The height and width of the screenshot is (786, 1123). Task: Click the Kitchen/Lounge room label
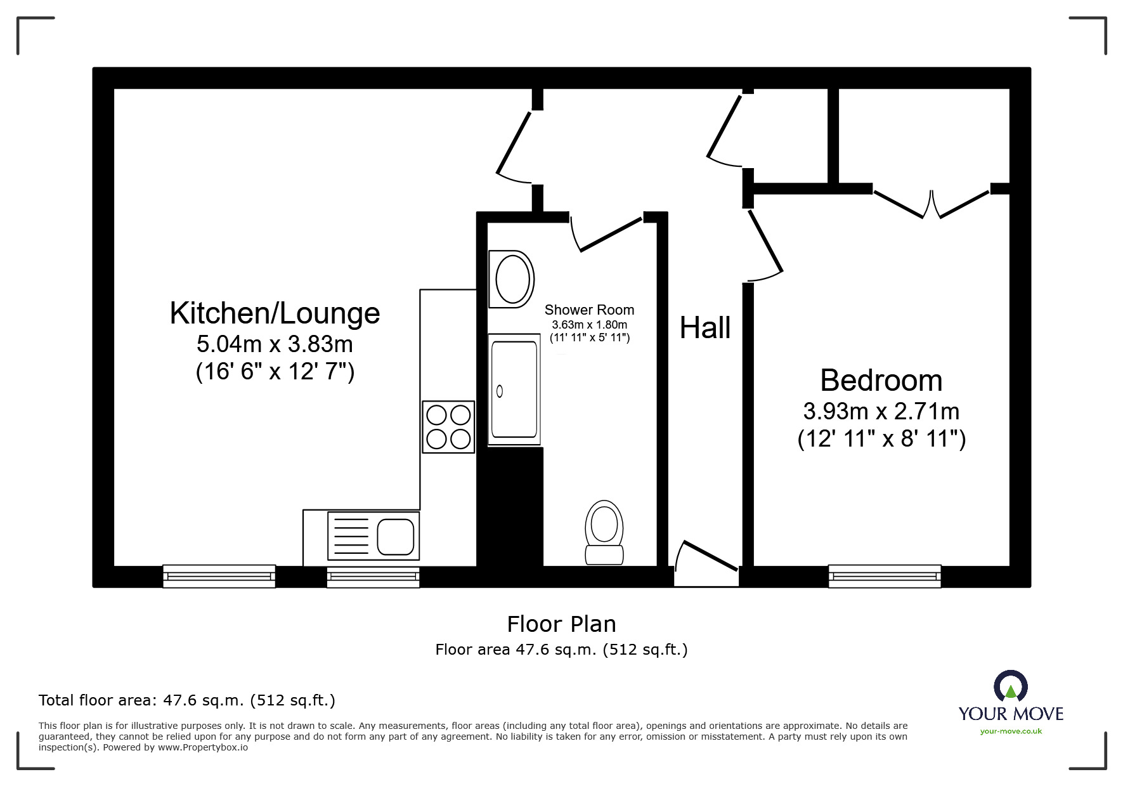(275, 313)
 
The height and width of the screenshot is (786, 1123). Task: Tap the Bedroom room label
(881, 381)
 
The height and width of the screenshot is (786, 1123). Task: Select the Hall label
(705, 328)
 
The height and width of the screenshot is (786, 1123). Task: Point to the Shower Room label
(589, 310)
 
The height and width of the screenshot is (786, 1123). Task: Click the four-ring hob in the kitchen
(448, 427)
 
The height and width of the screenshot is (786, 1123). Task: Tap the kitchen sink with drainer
(373, 537)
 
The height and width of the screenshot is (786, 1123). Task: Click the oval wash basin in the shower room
(511, 279)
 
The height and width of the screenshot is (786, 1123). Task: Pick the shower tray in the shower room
(514, 390)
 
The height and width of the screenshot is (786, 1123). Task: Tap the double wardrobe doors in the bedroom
(932, 203)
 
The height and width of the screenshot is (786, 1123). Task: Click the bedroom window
(885, 576)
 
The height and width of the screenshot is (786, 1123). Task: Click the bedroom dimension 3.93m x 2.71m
(881, 412)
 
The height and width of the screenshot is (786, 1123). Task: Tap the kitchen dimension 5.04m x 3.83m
(275, 344)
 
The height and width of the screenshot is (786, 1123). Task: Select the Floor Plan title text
(561, 624)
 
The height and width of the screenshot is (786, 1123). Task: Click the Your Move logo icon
(1010, 686)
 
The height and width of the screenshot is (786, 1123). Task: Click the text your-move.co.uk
(1011, 731)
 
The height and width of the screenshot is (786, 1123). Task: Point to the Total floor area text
(187, 700)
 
